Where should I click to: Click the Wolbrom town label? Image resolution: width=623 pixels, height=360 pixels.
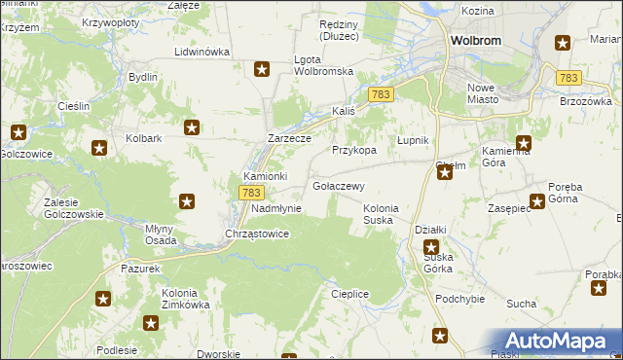click(x=476, y=41)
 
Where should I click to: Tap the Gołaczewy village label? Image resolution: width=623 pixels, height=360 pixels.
click(x=339, y=186)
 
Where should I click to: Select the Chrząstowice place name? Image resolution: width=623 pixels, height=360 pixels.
click(x=257, y=234)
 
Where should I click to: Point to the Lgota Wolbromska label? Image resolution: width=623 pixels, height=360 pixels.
click(x=322, y=65)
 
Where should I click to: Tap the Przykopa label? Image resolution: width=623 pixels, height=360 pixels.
click(x=354, y=151)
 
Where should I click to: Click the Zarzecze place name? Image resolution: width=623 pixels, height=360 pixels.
click(x=289, y=138)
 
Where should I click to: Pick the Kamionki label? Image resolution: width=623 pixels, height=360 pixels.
click(x=265, y=176)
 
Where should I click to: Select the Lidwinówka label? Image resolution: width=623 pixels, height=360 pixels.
click(x=202, y=52)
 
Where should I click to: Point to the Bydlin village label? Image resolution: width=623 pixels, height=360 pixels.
click(x=143, y=76)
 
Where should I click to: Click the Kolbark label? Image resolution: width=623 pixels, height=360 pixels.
click(x=143, y=138)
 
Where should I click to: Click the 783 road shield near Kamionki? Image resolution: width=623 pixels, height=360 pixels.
click(x=248, y=194)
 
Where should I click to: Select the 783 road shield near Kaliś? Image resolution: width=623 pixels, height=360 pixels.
click(x=381, y=93)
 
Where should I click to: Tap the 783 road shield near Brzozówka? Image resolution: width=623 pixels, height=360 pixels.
click(x=569, y=78)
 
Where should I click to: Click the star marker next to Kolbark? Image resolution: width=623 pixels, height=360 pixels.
click(x=193, y=126)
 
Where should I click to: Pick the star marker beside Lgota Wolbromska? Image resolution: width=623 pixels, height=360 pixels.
click(x=262, y=68)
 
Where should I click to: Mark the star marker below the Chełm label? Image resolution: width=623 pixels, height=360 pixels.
click(x=445, y=173)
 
